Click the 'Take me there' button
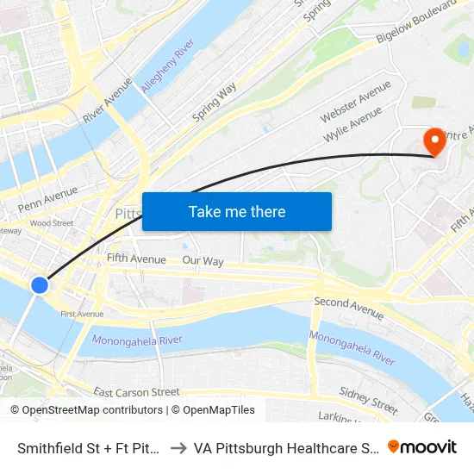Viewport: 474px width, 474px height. coord(236,211)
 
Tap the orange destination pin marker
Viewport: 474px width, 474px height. coord(434,141)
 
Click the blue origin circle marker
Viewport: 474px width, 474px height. coord(39,284)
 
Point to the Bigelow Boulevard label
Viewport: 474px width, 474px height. coord(416,26)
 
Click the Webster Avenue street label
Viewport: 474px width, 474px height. coord(355,101)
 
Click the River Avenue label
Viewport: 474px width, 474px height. coord(108,99)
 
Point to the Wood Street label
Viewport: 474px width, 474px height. coord(52,223)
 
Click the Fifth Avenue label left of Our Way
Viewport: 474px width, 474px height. coord(136,259)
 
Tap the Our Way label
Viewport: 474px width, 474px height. coord(203,260)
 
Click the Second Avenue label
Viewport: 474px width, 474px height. coord(348,308)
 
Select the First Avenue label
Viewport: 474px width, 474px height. coord(82,314)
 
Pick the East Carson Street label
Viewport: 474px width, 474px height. coord(136,393)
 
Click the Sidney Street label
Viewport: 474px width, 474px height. coord(368,399)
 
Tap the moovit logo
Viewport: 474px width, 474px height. coord(421,446)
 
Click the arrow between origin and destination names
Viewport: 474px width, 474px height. coord(176,447)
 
